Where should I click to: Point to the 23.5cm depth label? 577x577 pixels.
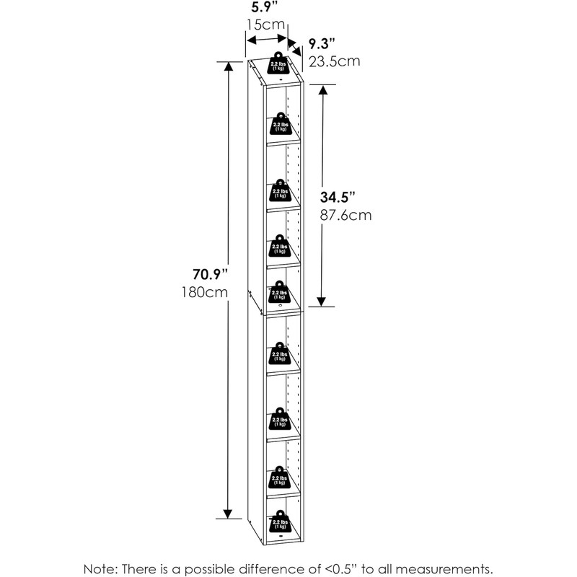tap(334, 61)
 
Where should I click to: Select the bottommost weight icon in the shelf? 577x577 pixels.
tap(279, 521)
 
